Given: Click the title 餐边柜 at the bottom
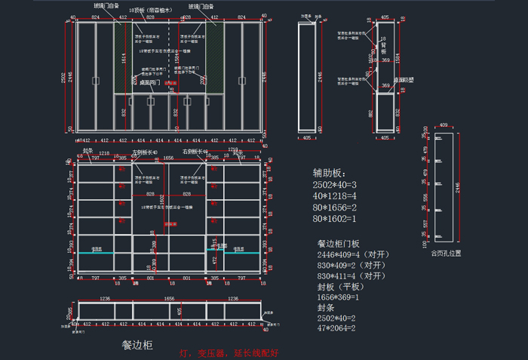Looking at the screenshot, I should pos(137,345).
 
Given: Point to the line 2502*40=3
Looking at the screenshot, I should pos(335,185).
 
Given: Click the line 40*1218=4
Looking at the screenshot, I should pos(335,196).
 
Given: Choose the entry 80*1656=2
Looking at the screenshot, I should pos(335,208).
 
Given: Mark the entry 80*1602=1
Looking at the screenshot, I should pos(335,219).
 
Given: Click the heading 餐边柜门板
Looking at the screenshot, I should pos(343,244).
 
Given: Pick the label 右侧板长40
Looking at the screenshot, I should pos(195,152).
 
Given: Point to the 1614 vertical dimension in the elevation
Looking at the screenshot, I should pos(123,57).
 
